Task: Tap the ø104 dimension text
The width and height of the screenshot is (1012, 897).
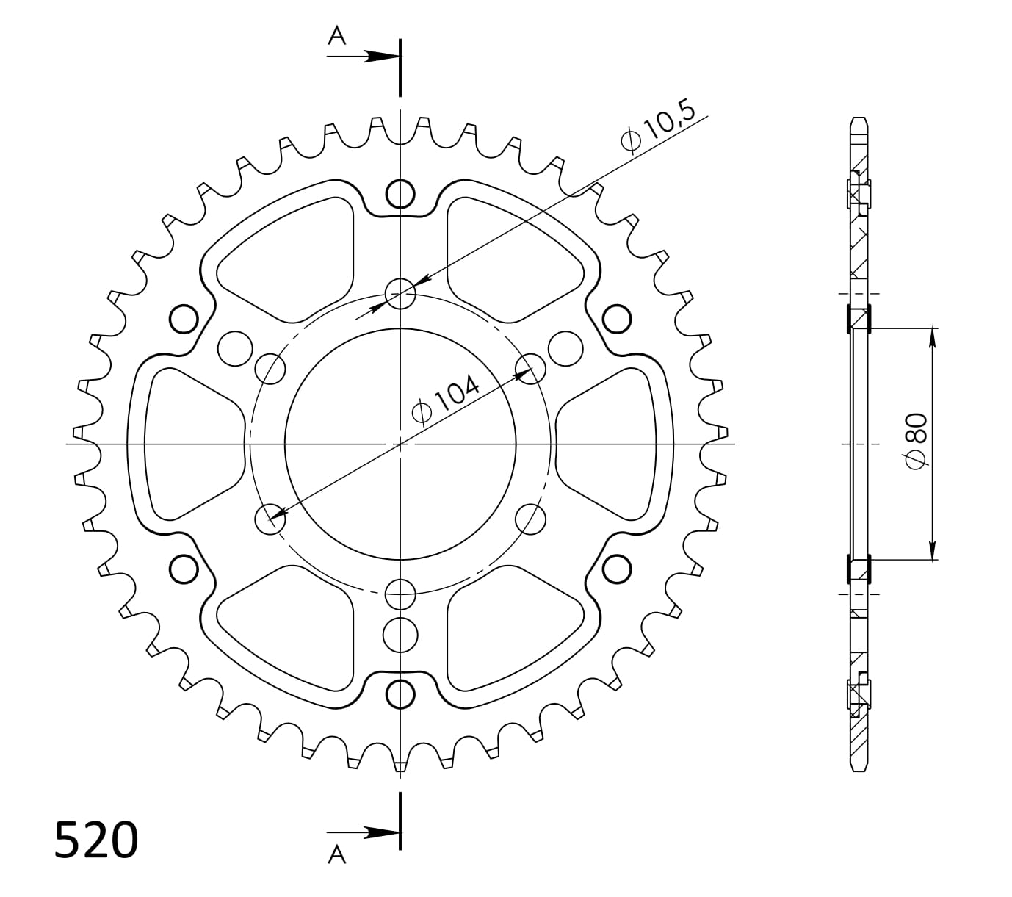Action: pyautogui.click(x=446, y=401)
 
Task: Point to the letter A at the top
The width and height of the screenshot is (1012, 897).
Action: pyautogui.click(x=336, y=36)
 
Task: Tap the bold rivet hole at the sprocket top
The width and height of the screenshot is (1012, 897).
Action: pyautogui.click(x=400, y=194)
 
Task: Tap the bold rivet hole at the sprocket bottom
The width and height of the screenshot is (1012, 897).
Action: pyautogui.click(x=400, y=694)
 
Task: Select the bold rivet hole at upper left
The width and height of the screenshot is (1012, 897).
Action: pyautogui.click(x=184, y=320)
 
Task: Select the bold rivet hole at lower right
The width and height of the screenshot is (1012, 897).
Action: pyautogui.click(x=617, y=568)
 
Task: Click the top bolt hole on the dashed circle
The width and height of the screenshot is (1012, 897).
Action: pyautogui.click(x=400, y=295)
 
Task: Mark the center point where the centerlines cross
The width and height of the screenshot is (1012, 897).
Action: pyautogui.click(x=400, y=444)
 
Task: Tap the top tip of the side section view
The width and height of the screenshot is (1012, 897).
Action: pyautogui.click(x=859, y=118)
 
